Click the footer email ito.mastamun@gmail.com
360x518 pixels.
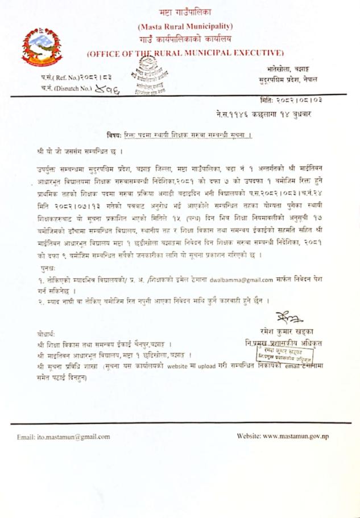[x=63, y=437]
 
